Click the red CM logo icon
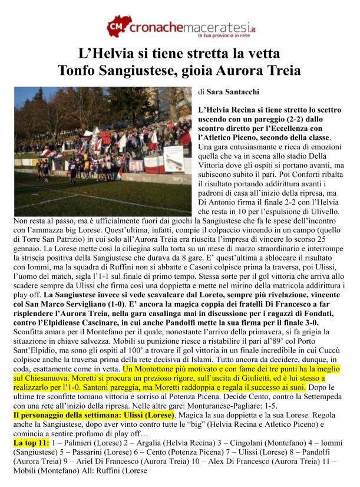click(x=117, y=27)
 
